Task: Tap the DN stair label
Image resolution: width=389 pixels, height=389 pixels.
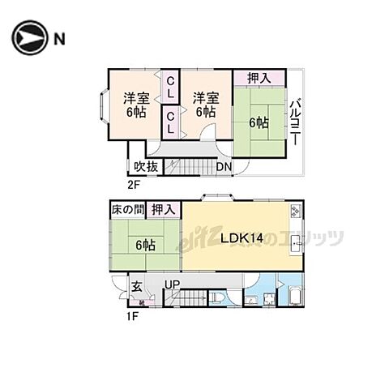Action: point(224,167)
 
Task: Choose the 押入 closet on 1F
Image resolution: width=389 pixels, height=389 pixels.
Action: point(164,209)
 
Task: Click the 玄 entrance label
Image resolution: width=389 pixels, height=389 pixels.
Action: point(138,285)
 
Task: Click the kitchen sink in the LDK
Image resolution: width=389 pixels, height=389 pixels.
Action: point(296,242)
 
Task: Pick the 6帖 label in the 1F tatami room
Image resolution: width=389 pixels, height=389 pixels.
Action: point(146,245)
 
